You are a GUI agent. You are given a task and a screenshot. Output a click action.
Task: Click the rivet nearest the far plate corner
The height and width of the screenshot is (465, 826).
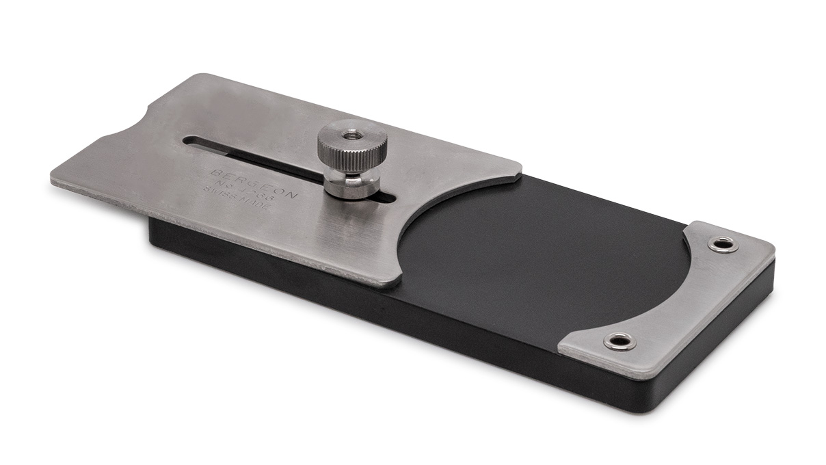[x=723, y=244]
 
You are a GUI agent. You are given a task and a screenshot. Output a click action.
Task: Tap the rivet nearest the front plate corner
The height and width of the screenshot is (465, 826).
[x=619, y=341]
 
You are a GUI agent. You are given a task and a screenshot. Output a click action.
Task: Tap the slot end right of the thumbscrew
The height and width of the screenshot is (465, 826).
[x=389, y=199]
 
